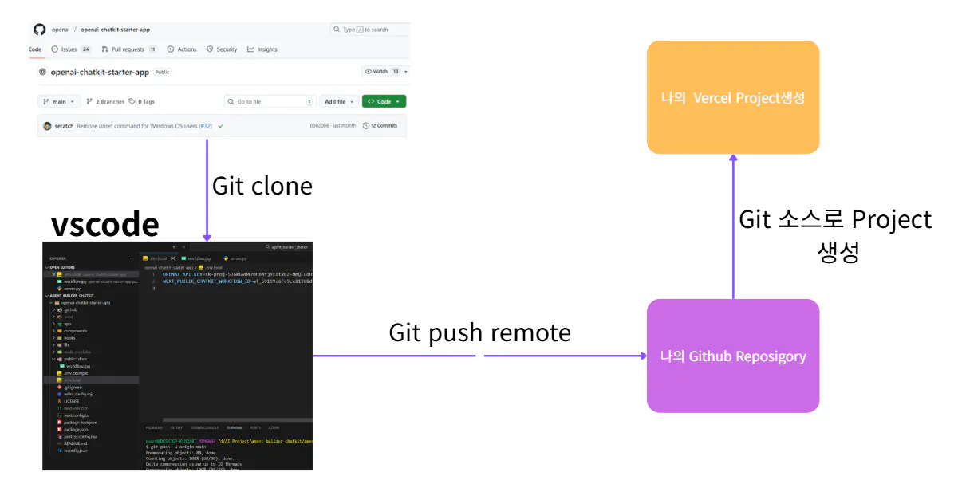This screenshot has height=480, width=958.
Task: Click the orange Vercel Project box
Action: tap(732, 97)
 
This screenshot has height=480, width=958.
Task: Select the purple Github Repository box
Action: tap(732, 356)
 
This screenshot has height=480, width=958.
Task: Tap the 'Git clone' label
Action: tap(262, 187)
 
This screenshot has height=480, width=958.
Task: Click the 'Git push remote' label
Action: tap(479, 332)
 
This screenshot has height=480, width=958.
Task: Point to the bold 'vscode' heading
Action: tap(104, 225)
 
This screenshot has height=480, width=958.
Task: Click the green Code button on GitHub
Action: tap(384, 102)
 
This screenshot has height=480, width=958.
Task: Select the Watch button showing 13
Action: tap(384, 72)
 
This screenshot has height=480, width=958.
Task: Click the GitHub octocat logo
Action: tap(39, 30)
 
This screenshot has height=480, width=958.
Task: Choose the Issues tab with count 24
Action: tap(70, 49)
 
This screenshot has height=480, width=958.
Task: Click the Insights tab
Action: tap(262, 49)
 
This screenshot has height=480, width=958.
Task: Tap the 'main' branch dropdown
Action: tap(59, 102)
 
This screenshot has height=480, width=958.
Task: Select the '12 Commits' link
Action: tap(380, 126)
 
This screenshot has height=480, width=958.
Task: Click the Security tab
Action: tap(222, 49)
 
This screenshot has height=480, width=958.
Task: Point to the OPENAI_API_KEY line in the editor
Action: tap(231, 274)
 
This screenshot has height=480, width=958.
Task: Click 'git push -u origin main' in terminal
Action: tap(176, 447)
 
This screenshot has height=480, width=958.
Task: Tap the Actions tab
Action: tap(182, 49)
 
